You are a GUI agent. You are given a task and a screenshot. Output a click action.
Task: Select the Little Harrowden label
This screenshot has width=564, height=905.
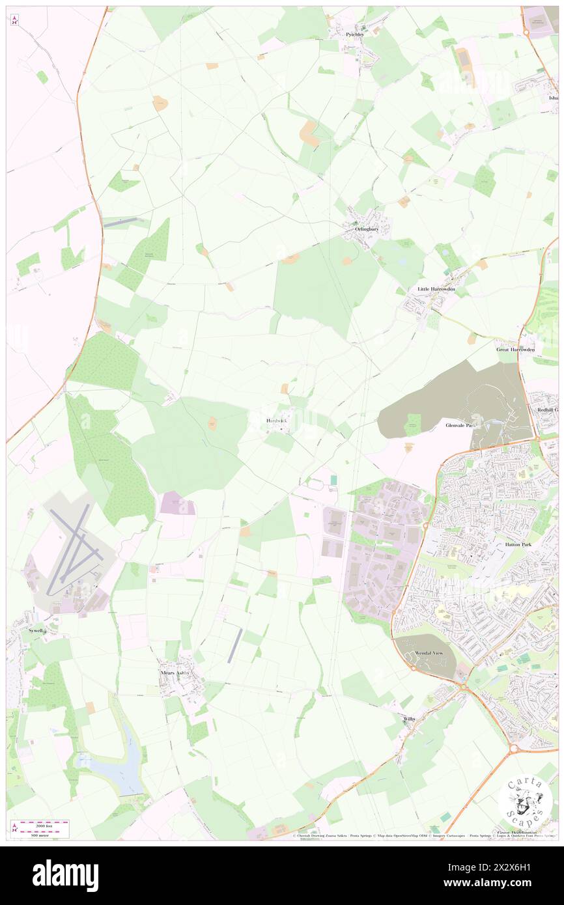[436, 288]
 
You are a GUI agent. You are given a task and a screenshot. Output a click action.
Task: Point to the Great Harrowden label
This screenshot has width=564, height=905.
[515, 350]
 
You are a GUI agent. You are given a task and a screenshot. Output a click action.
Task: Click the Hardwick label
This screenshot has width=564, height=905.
[276, 421]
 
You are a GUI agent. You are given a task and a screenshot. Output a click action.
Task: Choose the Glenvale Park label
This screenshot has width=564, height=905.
[462, 425]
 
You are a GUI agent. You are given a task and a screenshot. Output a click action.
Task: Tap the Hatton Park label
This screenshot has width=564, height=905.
[519, 544]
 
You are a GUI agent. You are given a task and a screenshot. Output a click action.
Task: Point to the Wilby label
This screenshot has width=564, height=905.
[409, 719]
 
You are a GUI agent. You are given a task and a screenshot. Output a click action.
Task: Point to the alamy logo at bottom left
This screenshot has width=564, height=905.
[65, 876]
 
